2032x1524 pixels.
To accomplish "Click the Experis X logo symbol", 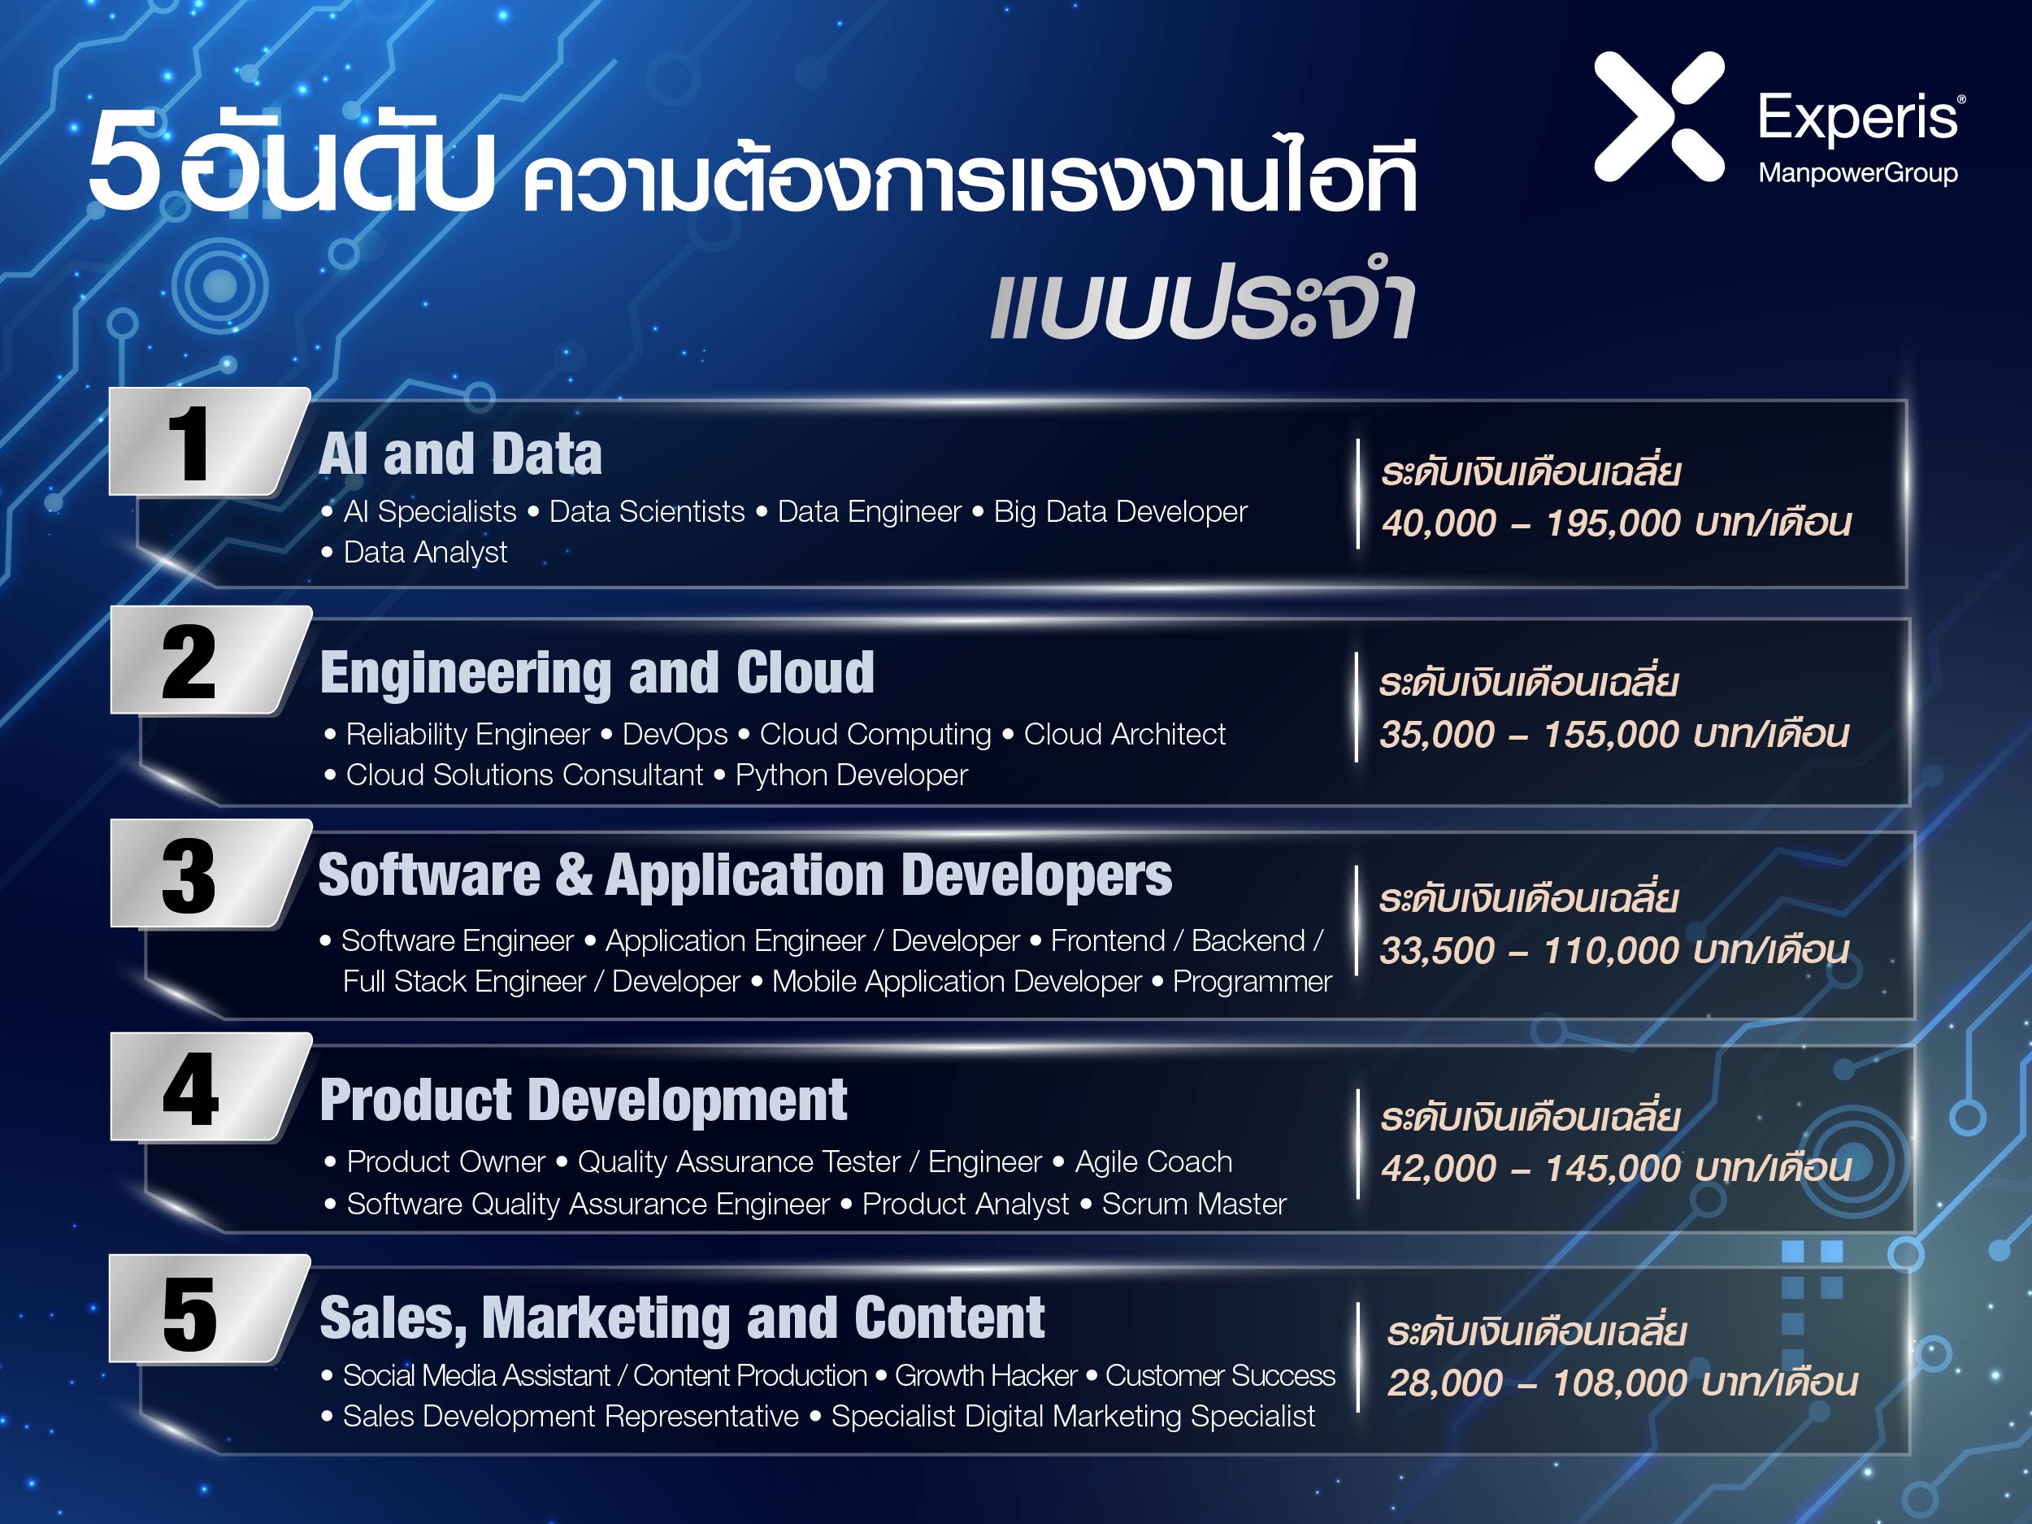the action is [1659, 117].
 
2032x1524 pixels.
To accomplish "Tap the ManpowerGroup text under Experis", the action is [1857, 172].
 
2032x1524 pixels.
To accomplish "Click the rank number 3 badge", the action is [211, 874].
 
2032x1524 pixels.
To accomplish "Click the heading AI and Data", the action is [460, 454].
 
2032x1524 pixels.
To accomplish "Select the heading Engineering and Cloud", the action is [597, 673].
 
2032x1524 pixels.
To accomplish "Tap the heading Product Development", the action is [584, 1100].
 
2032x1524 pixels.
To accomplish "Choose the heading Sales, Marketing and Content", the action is [682, 1318].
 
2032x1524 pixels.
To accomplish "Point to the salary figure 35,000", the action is [1437, 735].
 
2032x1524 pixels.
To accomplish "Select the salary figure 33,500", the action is [1437, 951].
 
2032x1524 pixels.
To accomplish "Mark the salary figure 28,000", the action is [1444, 1383].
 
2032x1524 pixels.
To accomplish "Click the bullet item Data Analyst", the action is [424, 552].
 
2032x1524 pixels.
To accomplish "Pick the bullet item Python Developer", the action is [852, 775].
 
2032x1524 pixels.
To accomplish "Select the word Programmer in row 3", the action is [1252, 982].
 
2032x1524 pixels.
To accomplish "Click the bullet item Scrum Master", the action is [1194, 1204].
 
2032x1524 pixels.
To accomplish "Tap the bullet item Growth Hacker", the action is [986, 1375].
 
